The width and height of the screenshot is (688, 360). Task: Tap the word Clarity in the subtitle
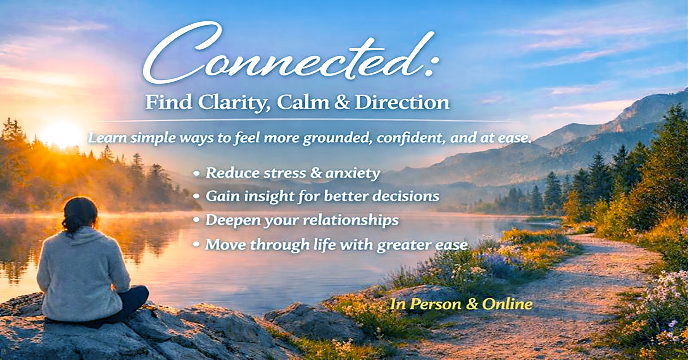[233, 103]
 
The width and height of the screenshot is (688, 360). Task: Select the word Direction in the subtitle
[402, 102]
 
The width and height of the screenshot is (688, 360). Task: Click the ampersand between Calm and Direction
[342, 102]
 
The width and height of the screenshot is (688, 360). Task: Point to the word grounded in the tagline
[337, 138]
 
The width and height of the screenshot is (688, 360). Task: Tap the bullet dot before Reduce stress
[196, 174]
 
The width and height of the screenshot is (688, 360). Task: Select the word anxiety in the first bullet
[353, 173]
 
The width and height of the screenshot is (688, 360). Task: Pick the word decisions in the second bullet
[406, 196]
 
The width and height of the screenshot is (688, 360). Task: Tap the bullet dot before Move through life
[196, 245]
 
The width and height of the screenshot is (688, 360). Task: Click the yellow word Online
[507, 304]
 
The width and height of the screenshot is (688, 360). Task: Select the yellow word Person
[436, 304]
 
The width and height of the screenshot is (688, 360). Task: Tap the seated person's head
[80, 213]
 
